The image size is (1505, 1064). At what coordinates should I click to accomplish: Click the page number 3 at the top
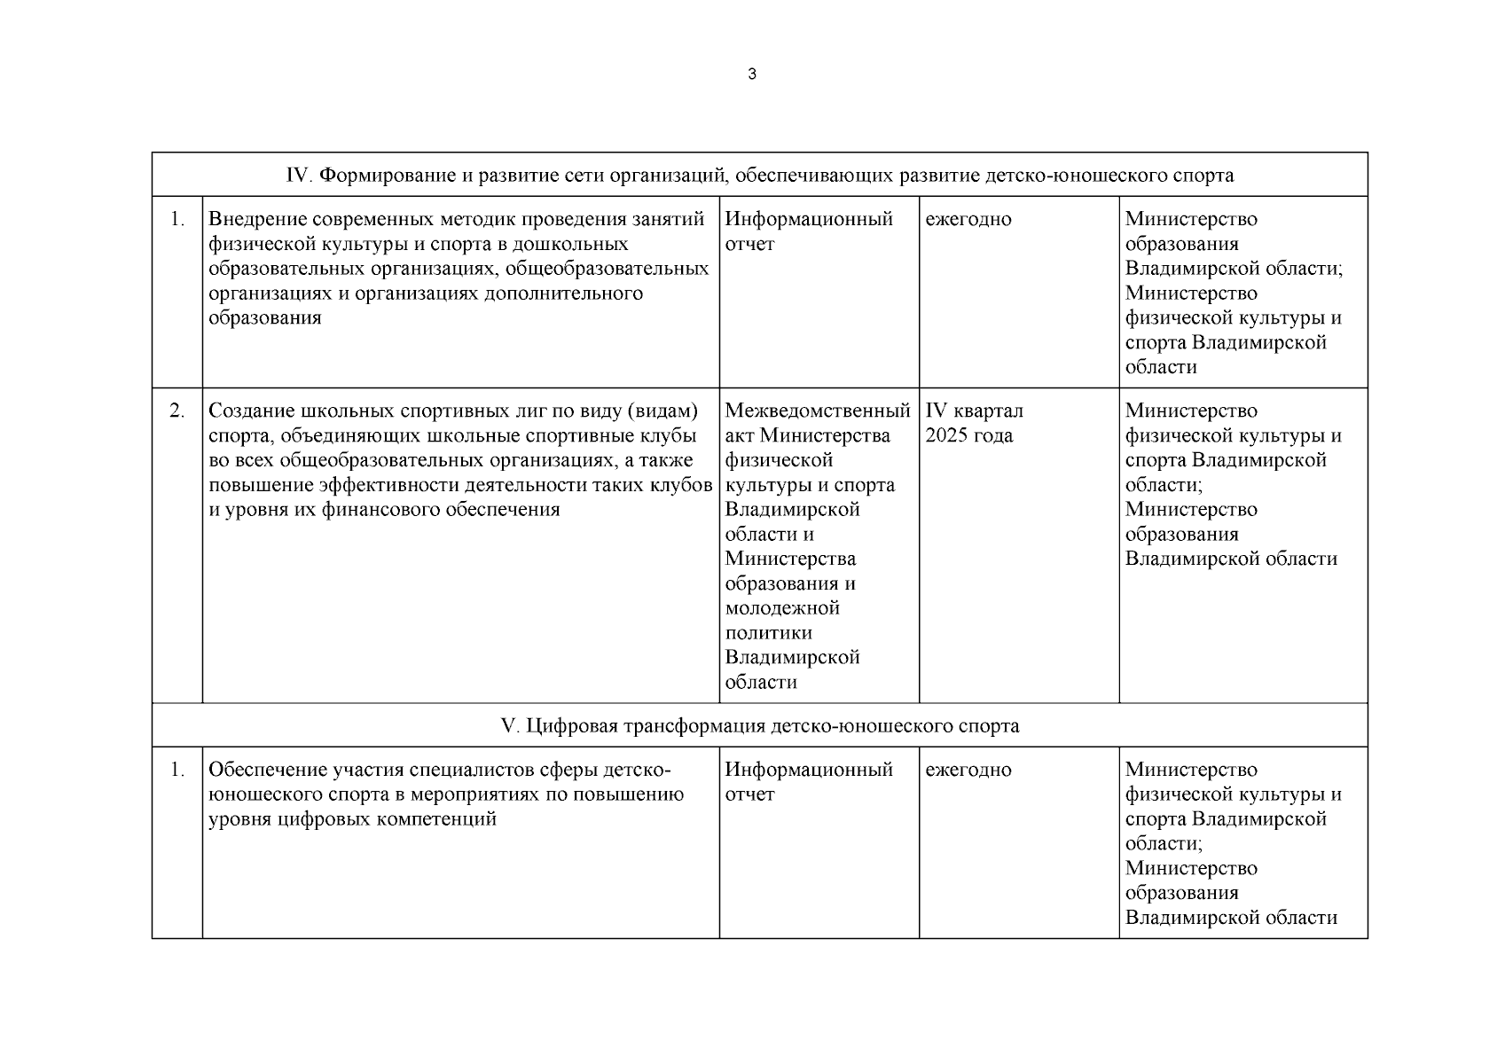752,74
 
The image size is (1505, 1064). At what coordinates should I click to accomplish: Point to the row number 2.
177,411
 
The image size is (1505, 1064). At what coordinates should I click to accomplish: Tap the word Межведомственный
818,411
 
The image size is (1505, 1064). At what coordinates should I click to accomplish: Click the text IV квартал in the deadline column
974,411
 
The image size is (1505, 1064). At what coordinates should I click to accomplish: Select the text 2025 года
968,436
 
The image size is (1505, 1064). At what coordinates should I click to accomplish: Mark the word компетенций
435,819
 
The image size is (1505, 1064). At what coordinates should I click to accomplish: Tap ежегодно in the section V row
968,770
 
